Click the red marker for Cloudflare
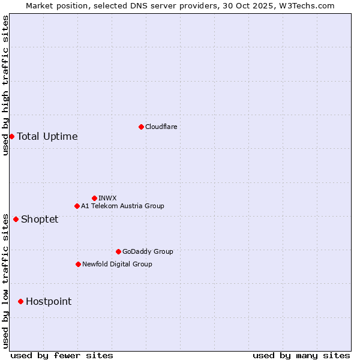(141, 127)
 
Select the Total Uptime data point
(11, 136)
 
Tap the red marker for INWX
(94, 198)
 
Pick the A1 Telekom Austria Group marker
(77, 206)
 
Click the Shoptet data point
(16, 219)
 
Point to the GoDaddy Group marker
(118, 251)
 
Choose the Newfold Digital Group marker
(78, 264)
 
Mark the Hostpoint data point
(20, 301)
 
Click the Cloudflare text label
(161, 127)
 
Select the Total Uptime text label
(47, 136)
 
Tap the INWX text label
(107, 198)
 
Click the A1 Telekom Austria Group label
(122, 206)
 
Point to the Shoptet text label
(40, 219)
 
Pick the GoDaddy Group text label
(148, 251)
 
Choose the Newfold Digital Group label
(117, 264)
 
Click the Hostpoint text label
(49, 301)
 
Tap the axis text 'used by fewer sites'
(62, 355)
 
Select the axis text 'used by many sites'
(301, 355)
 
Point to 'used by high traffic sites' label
(5, 85)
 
